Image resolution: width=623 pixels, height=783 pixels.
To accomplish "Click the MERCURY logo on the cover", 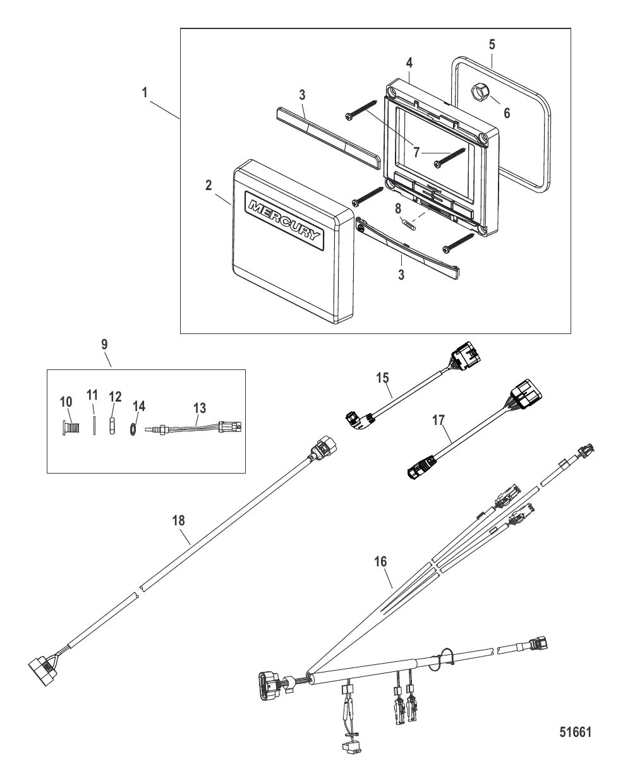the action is point(284,220).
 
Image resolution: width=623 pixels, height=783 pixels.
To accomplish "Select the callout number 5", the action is point(492,45).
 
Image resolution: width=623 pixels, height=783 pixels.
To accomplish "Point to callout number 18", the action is point(178,521).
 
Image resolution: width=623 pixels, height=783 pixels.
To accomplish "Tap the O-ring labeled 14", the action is point(133,429).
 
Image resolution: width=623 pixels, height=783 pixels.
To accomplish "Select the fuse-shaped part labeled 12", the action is point(112,426).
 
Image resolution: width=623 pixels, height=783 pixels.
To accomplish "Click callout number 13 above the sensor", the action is point(200,409).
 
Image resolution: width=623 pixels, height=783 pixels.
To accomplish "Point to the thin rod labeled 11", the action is point(94,426).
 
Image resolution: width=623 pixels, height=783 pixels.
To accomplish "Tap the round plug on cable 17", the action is point(422,467).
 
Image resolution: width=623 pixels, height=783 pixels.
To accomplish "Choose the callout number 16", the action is point(380,562).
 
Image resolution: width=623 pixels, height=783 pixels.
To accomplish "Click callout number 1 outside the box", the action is point(145,92).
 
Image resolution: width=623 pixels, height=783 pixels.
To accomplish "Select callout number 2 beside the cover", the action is point(209,185).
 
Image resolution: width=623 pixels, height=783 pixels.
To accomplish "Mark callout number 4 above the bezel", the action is point(409,63).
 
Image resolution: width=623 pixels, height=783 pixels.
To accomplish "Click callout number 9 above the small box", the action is point(104,344).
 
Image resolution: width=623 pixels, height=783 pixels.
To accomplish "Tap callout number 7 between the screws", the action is point(416,152).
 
